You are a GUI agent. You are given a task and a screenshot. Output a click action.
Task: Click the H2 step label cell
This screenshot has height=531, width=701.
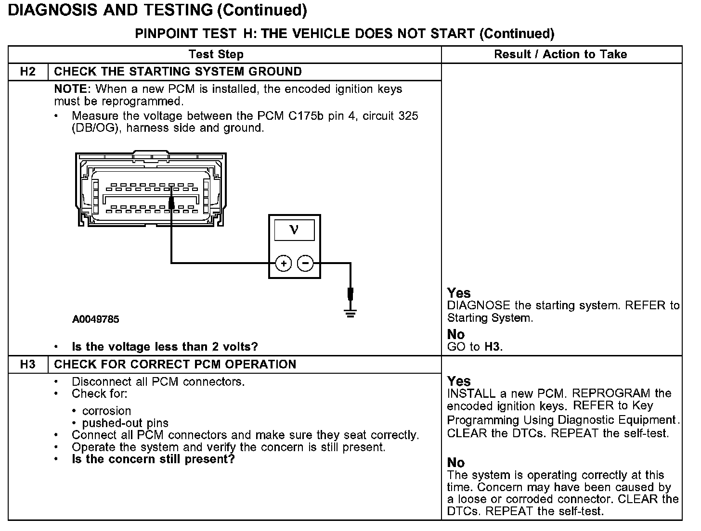click(x=28, y=72)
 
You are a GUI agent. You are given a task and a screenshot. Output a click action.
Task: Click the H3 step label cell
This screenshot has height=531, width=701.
click(x=28, y=364)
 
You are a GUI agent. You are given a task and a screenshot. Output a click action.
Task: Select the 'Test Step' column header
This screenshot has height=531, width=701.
click(x=216, y=54)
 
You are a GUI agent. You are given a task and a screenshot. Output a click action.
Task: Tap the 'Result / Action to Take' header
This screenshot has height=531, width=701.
click(x=560, y=54)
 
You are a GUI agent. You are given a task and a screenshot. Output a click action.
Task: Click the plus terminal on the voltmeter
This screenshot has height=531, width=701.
click(x=284, y=263)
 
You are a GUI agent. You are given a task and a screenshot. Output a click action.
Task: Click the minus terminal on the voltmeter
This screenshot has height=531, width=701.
click(x=305, y=263)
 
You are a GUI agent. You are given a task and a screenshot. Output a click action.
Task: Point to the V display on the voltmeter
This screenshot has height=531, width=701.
click(x=294, y=230)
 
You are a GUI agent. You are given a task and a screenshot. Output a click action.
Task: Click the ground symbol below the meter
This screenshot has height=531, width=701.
click(x=350, y=313)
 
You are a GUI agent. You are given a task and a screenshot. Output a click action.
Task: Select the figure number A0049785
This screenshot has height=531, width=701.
click(x=96, y=319)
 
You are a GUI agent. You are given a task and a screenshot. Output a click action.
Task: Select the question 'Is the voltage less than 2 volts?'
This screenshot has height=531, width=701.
click(x=165, y=347)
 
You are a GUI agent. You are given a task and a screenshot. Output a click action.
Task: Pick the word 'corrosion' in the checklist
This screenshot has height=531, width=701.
click(x=106, y=411)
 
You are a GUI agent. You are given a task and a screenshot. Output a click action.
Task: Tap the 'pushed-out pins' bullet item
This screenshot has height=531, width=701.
click(x=125, y=423)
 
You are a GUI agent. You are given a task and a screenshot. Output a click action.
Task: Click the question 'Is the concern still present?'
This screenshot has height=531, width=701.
click(x=153, y=459)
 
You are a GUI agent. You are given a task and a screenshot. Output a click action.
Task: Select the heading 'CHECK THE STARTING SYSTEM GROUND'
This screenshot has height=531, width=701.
click(x=178, y=72)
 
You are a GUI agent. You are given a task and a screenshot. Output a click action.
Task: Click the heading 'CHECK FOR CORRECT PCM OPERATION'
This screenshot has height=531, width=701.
click(x=175, y=364)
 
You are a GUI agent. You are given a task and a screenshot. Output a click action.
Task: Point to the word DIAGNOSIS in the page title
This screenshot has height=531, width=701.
click(x=52, y=10)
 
